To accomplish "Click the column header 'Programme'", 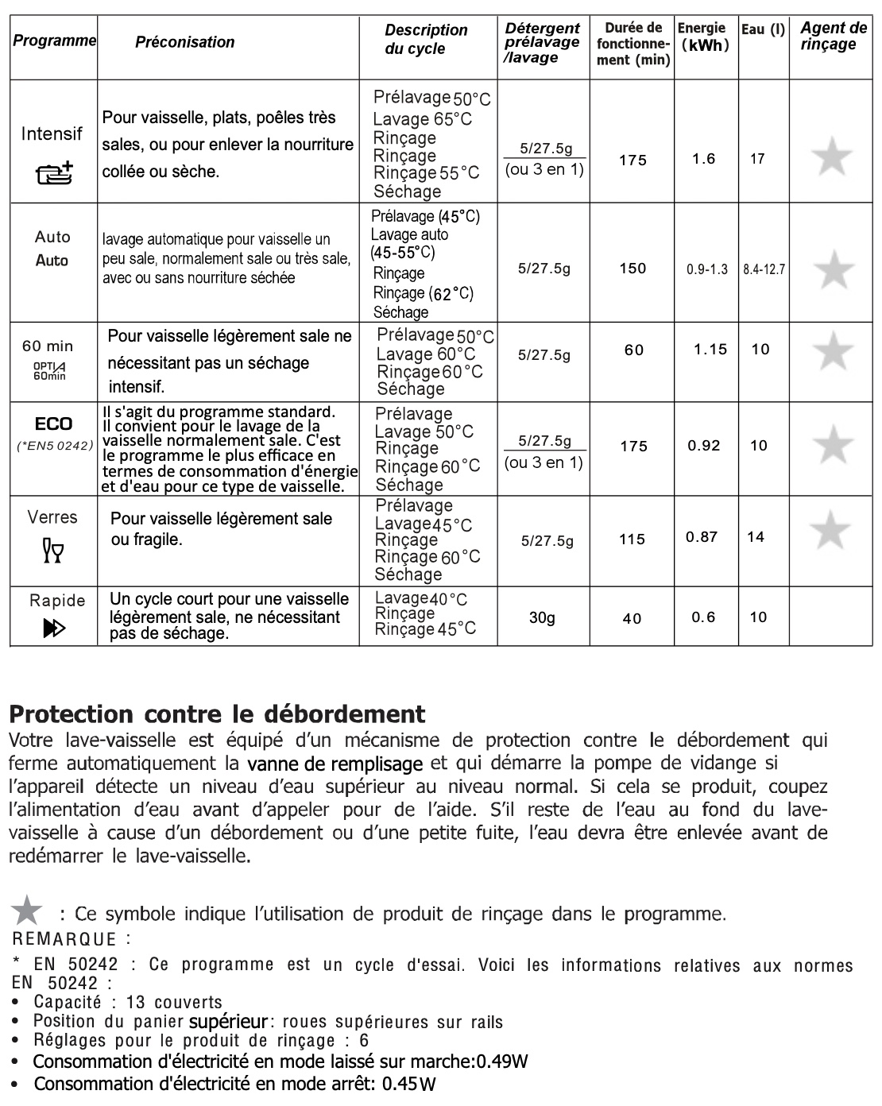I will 54,41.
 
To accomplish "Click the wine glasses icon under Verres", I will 53,549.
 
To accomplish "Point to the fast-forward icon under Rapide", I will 54,628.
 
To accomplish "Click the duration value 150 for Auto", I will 632,269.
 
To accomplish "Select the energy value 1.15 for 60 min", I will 710,349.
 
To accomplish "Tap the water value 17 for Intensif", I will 757,159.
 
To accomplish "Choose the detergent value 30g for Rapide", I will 542,617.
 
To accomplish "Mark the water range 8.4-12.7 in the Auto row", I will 764,269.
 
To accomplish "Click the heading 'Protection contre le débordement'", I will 217,713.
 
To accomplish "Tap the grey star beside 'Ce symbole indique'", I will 29,911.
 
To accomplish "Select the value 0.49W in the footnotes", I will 502,1062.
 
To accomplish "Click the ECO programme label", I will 53,424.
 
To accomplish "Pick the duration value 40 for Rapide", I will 632,618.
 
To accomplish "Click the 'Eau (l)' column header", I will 763,30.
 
